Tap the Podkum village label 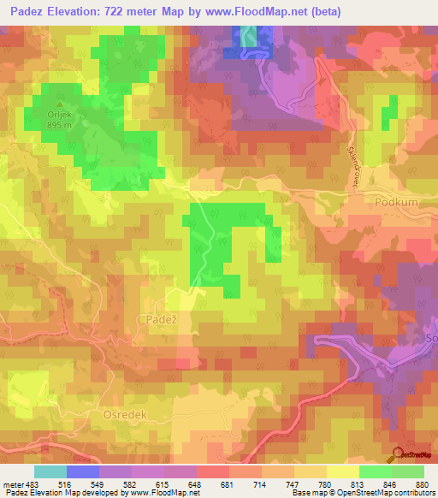coord(394,202)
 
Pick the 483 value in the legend coord(31,484)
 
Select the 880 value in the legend coord(423,484)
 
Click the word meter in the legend coord(12,484)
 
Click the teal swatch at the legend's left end coord(50,471)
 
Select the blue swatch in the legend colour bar coord(82,471)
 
